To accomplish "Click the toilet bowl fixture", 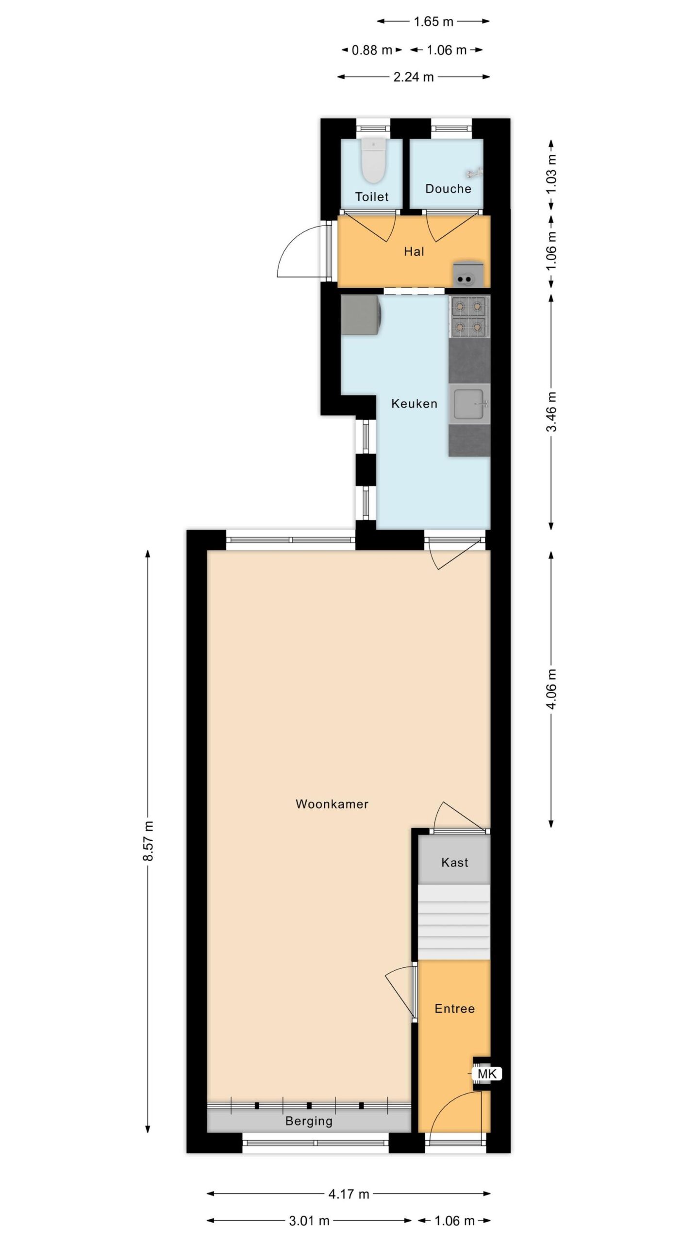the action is click(373, 161).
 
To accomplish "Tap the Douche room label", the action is click(448, 189).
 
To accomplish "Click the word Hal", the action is click(414, 251).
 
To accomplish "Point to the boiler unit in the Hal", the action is click(468, 274).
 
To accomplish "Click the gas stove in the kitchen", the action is click(469, 317).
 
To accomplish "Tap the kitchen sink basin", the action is click(469, 404).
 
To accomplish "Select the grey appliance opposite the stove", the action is click(361, 315).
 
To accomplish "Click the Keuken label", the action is click(414, 404).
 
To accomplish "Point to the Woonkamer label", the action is click(332, 804).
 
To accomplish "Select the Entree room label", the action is click(454, 1009).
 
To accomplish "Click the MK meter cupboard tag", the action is click(487, 1074).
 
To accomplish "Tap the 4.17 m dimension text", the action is click(349, 1193).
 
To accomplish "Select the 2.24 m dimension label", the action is click(414, 77).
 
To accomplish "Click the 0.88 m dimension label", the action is click(372, 50).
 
